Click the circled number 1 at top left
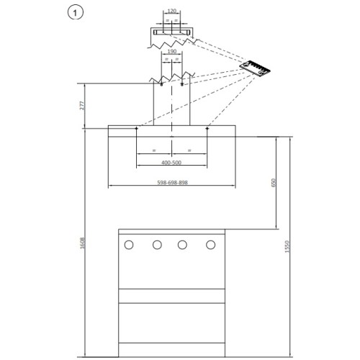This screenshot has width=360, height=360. pos(76,13)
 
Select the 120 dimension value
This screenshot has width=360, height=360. pos(172,11)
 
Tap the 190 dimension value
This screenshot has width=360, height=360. pos(172,51)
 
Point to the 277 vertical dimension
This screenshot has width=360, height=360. pos(82,106)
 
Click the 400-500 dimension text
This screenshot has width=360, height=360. pos(171,163)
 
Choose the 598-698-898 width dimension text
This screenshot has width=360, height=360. pos(172,182)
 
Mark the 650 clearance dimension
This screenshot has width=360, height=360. pos(274,183)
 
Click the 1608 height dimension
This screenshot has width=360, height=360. pos(82,243)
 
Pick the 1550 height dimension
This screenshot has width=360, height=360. pos(287,246)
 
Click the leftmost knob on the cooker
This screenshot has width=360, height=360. pos(129,245)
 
